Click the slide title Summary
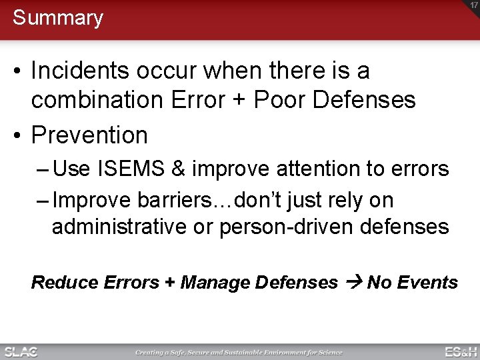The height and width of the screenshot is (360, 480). point(58,18)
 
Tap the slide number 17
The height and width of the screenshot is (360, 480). point(472,6)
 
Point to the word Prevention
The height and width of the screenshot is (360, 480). point(89,135)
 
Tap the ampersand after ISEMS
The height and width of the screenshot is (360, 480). point(178,169)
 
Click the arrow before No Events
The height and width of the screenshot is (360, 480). point(353,283)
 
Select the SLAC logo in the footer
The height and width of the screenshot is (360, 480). point(21,352)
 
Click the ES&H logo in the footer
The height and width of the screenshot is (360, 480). point(461,352)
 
